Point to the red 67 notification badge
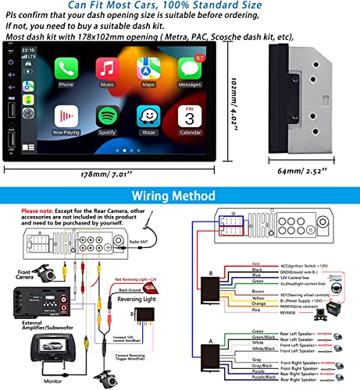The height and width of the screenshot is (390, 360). pos(201,58)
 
